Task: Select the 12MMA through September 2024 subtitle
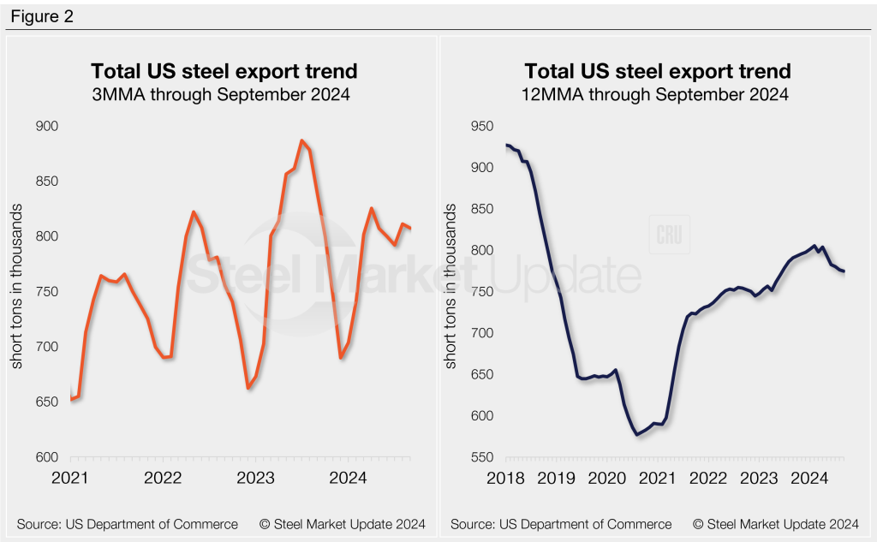click(657, 94)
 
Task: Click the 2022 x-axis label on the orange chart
click(163, 478)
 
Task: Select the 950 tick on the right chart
click(485, 127)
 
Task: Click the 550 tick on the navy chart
click(485, 457)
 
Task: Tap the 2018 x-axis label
click(505, 478)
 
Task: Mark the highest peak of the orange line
click(302, 140)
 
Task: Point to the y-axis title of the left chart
click(17, 291)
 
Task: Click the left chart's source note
click(127, 523)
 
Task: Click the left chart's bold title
click(224, 70)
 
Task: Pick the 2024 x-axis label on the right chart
click(809, 478)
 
